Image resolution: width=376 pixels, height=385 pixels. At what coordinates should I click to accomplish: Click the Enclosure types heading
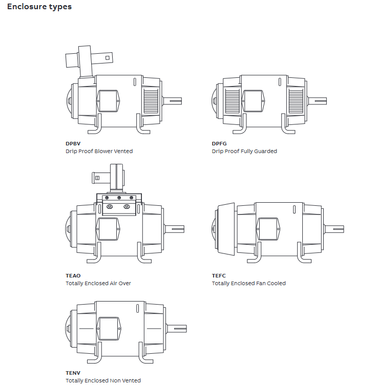[39, 7]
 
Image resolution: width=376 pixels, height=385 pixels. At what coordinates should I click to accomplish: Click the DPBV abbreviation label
[73, 144]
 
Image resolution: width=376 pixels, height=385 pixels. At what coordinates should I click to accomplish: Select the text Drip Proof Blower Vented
[99, 151]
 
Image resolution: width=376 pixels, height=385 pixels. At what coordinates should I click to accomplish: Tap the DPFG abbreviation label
[219, 144]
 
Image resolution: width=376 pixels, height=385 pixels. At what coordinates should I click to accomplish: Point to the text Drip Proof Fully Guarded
[244, 151]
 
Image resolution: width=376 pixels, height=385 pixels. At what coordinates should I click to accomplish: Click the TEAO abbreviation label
[73, 275]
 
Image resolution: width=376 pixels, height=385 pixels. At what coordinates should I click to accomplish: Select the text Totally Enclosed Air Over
[98, 283]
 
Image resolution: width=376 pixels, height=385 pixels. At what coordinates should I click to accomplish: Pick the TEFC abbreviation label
[219, 275]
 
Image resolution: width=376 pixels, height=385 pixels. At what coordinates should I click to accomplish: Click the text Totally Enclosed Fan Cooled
[249, 283]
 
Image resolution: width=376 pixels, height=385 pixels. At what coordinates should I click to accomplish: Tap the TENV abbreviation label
[73, 373]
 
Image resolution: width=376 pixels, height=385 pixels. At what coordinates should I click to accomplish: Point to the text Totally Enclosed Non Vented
[103, 380]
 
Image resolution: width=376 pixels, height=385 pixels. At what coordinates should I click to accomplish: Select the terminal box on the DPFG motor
[253, 100]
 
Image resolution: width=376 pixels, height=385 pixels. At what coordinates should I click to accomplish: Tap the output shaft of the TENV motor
[177, 328]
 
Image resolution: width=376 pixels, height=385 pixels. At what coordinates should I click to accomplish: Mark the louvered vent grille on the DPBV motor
[151, 100]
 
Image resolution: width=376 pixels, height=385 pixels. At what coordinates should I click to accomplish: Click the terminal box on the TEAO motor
[108, 228]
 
